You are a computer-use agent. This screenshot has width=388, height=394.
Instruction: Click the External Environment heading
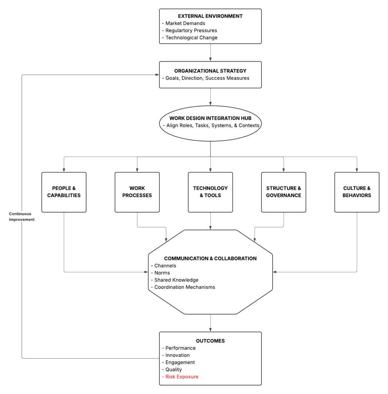coord(210,16)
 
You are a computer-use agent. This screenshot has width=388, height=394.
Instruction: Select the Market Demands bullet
coord(185,23)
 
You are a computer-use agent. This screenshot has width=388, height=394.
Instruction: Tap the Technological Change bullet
coord(191,38)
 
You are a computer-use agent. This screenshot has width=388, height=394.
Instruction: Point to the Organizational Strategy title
coord(210,71)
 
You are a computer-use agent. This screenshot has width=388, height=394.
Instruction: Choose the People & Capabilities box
coord(64,192)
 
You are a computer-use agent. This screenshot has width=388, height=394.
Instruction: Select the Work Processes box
coord(137,192)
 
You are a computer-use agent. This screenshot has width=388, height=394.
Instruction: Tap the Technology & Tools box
coord(210,192)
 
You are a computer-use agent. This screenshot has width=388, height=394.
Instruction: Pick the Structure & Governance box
coord(284,192)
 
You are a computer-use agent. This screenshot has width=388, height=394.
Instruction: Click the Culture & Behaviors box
coord(357,192)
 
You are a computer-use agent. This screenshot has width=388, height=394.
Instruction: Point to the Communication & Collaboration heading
coord(210,259)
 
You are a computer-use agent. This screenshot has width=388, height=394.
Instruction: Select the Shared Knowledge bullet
coord(176,280)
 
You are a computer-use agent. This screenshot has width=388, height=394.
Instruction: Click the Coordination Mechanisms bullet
coord(184,287)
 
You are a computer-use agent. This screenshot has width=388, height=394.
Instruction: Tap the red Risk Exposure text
coord(181,377)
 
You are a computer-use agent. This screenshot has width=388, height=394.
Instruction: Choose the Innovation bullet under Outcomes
coord(177,355)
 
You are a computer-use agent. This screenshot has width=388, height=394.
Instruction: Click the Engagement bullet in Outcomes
coord(180,362)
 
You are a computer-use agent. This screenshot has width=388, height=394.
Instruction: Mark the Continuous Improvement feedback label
coord(22,216)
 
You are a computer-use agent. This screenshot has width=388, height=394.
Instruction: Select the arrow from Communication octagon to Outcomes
coord(210,323)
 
